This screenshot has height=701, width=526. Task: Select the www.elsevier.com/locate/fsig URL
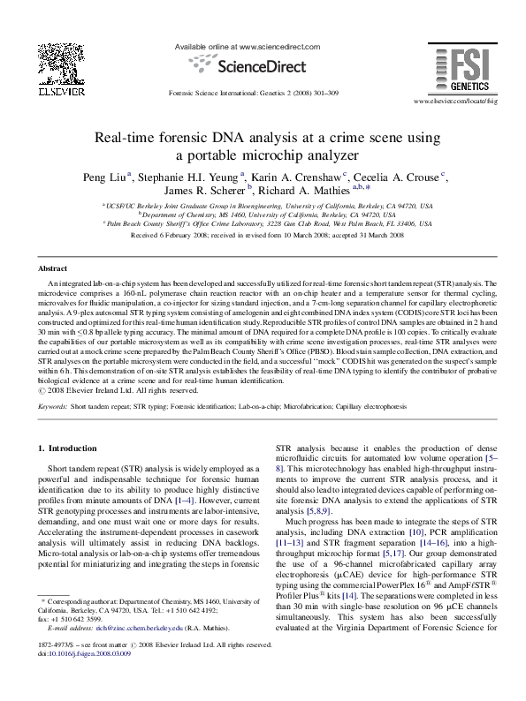click(450, 102)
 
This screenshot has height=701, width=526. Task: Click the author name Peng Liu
click(104, 177)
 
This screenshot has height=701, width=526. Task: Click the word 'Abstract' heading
click(53, 268)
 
